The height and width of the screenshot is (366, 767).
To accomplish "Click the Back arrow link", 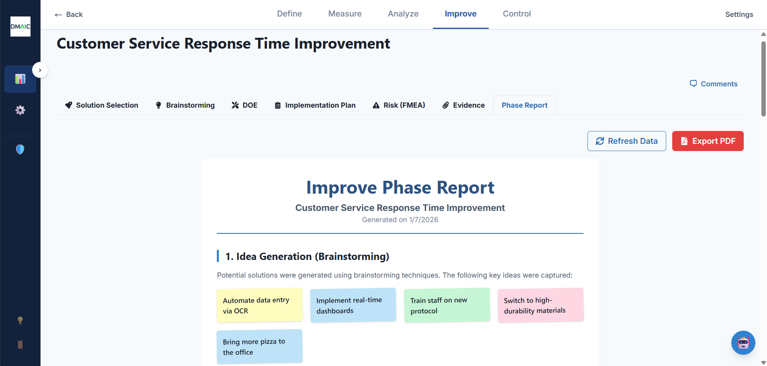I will pos(69,14).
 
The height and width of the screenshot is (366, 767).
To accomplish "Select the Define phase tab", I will pos(289,14).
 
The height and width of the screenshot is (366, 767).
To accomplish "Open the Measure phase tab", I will pos(345,14).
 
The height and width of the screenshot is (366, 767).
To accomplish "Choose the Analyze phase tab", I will pos(403,14).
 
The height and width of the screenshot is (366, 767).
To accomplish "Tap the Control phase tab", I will pos(516,14).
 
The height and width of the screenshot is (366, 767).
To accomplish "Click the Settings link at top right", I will pos(738,14).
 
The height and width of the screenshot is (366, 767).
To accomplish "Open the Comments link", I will pos(714,84).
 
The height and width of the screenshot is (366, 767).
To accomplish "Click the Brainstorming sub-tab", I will pos(185,105).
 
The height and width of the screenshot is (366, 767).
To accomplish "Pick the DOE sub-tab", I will pos(245,105).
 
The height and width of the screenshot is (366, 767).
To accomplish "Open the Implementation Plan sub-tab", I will pos(315,105).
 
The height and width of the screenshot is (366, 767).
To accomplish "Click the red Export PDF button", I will pos(708,141).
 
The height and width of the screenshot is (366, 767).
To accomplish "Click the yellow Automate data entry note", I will pos(259,305).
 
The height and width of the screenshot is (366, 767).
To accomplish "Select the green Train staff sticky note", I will pos(447,305).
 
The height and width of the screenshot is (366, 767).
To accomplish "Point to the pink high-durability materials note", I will pos(541,305).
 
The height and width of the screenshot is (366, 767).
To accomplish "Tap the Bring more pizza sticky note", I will pos(259,347).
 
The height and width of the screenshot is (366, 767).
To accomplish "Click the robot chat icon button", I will pos(743,343).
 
